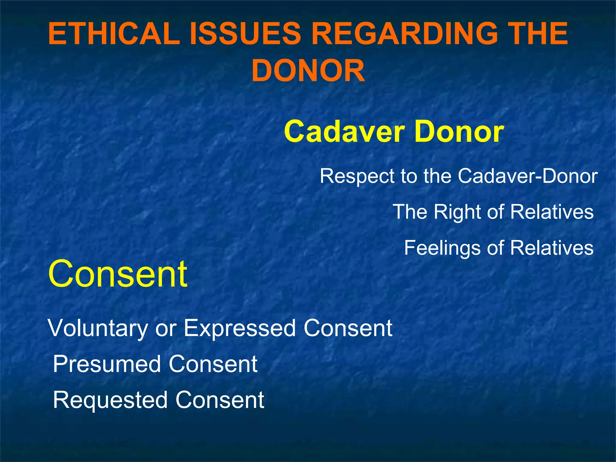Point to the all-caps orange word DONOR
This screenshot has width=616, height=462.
tap(308, 71)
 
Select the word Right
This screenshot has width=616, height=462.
tap(457, 212)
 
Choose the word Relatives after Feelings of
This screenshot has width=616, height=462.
tap(552, 248)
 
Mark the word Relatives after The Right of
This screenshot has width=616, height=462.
tap(552, 212)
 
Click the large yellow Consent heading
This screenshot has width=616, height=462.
tap(118, 274)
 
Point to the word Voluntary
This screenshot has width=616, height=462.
tap(97, 328)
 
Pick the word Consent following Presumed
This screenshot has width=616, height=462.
tap(213, 364)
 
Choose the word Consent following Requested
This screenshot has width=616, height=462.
tap(220, 400)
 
